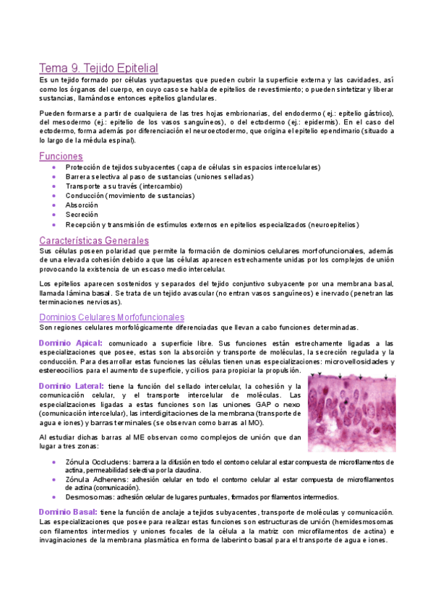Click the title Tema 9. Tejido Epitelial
(98, 68)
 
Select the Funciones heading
(61, 156)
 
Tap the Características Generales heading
(94, 240)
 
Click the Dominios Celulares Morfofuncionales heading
(111, 317)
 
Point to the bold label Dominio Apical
(69, 343)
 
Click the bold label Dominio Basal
(68, 512)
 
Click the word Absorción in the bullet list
(82, 205)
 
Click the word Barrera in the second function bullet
(79, 176)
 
